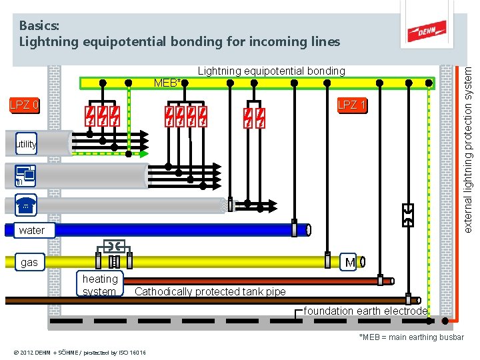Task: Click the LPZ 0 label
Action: click(23, 105)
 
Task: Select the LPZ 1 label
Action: click(351, 105)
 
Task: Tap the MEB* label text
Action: click(167, 83)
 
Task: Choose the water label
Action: click(32, 231)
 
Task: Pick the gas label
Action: click(29, 262)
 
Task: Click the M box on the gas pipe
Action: click(350, 263)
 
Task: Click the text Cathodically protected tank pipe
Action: click(210, 291)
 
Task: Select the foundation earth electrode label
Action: click(365, 311)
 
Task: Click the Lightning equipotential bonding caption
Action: click(271, 71)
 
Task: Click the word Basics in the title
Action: click(39, 25)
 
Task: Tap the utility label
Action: click(27, 144)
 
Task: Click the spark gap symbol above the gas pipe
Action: click(113, 244)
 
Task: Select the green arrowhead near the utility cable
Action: click(144, 153)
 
